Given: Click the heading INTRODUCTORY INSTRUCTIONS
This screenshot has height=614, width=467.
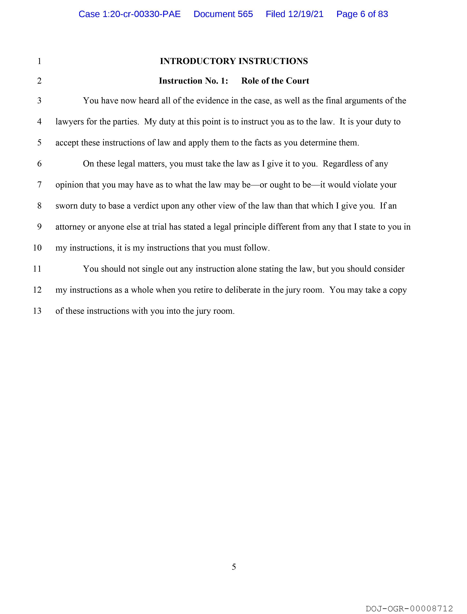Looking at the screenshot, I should pos(234,61).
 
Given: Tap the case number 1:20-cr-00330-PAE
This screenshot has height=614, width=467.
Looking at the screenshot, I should pos(142,14).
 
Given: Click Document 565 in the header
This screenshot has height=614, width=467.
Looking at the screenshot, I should pos(223,14).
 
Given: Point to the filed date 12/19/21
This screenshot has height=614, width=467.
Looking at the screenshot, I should pos(306,14).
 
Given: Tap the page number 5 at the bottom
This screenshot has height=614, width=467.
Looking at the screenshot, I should pos(234,566).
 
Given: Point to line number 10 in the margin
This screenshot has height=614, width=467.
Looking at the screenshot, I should pos(37,248).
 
